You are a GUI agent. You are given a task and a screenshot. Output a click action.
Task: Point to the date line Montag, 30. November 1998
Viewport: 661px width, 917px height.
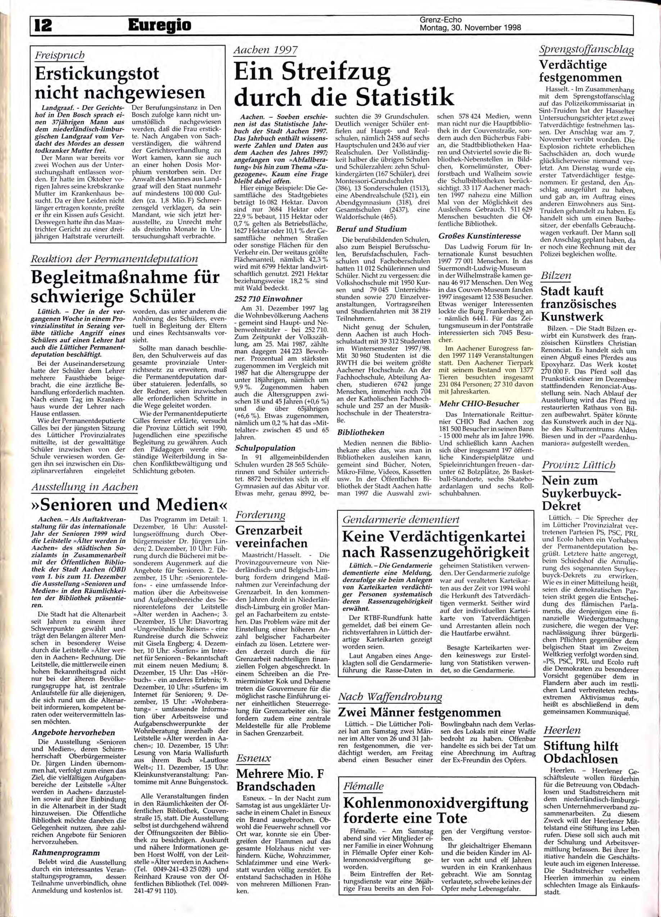(470, 28)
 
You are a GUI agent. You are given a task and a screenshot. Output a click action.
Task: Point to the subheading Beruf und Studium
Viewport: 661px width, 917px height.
(371, 229)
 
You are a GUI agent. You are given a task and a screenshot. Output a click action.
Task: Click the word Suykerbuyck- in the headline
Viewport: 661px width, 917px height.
(581, 493)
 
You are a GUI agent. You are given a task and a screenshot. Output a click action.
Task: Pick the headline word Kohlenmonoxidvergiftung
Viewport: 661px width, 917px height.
(435, 803)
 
